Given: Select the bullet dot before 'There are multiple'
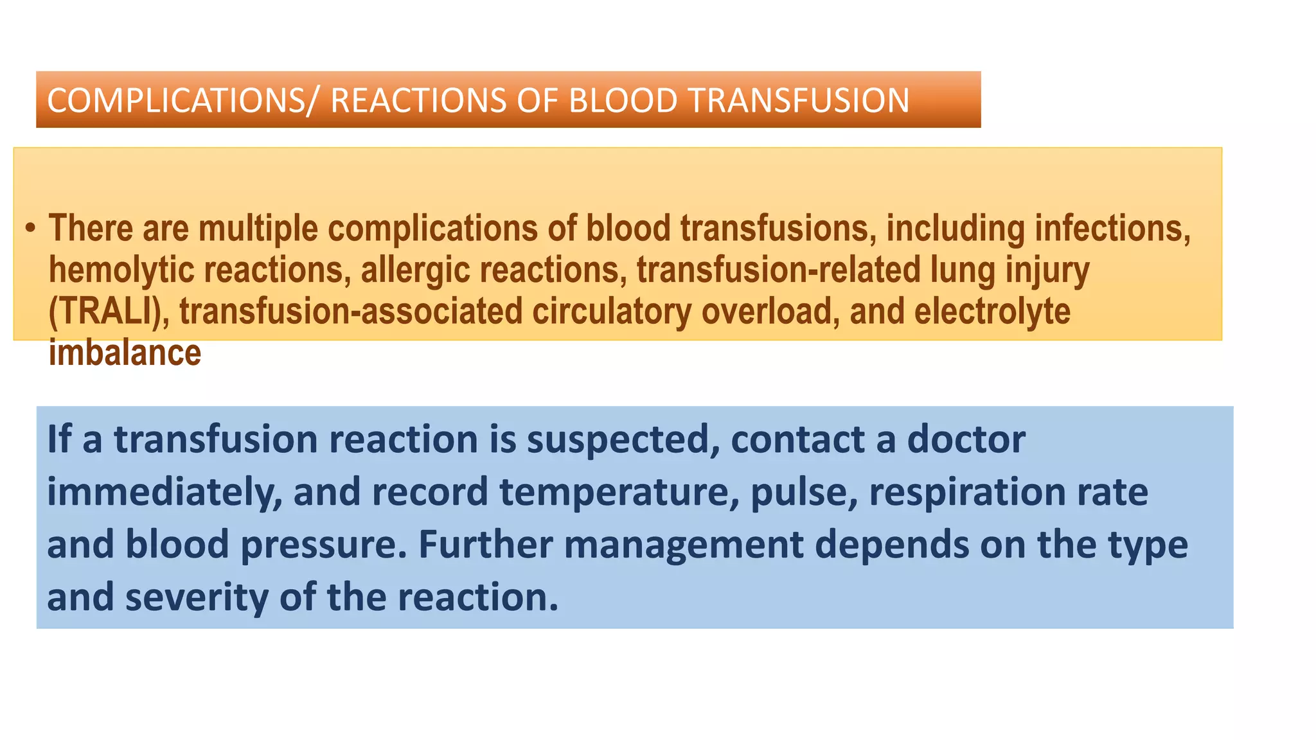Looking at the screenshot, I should click(x=30, y=229).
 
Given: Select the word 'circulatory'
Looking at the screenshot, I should click(x=611, y=312).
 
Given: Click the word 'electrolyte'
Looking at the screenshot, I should click(x=992, y=312).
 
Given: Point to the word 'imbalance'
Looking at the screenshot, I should click(x=125, y=353).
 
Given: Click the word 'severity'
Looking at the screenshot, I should click(x=196, y=597).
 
